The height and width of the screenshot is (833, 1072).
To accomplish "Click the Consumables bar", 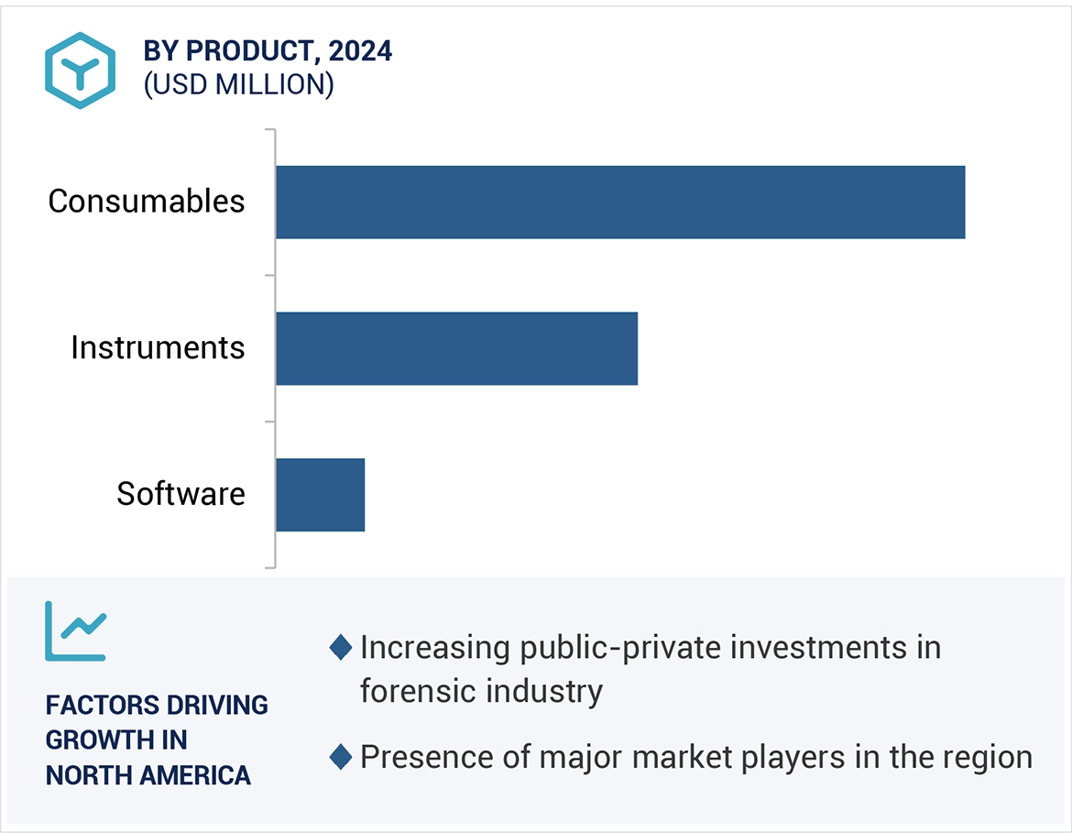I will point(619,203).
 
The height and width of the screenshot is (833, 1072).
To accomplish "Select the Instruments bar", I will point(456,348).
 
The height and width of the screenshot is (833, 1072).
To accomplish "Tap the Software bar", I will point(320,495).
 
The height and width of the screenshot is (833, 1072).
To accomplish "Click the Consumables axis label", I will point(147,202).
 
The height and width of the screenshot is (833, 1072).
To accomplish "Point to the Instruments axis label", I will point(158,348).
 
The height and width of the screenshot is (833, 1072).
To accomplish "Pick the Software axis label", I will point(180,495).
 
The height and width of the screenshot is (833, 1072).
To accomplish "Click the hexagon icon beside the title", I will point(81,71).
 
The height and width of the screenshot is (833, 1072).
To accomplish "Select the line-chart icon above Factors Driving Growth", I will point(76,631).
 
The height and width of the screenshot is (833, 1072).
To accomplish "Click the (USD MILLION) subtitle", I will point(238,85).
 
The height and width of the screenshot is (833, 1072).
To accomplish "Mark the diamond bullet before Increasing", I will point(341,648).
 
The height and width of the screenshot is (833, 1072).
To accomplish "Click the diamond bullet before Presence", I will point(341,758).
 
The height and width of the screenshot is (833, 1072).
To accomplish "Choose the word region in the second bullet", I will point(986,758).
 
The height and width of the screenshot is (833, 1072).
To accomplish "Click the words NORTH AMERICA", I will point(148,775).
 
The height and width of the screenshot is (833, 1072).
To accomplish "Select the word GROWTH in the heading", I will point(90,740).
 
